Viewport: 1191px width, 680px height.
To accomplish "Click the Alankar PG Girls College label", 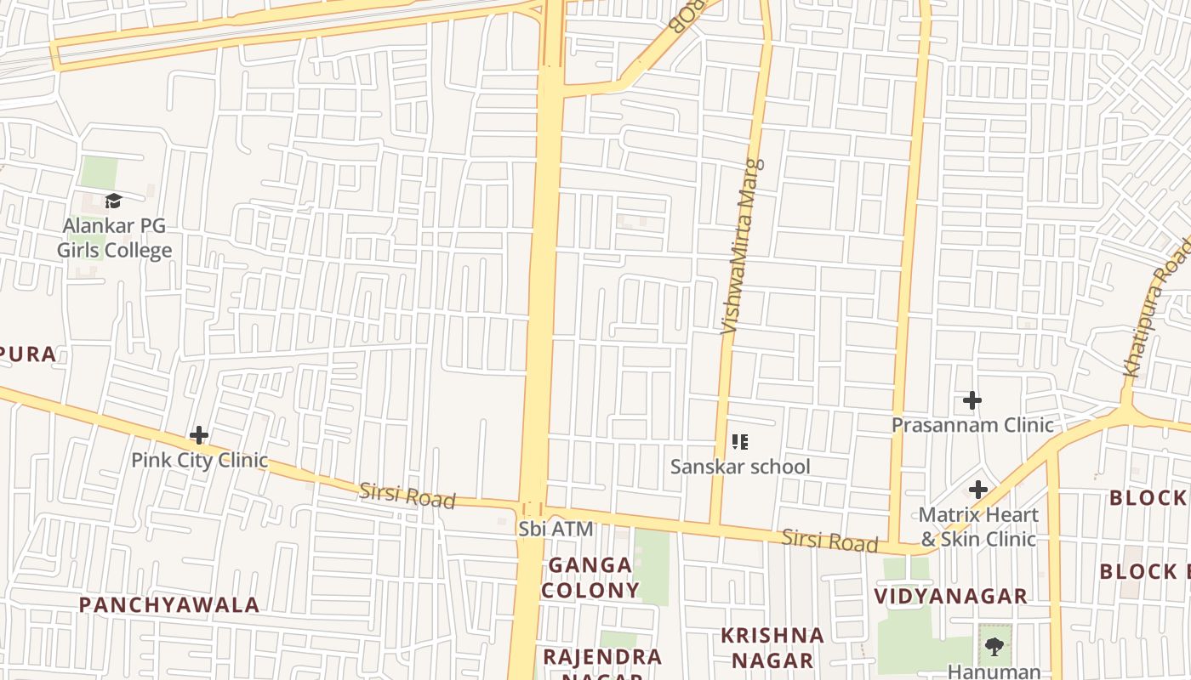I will tap(114, 238).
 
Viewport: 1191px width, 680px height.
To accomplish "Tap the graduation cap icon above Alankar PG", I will tap(113, 201).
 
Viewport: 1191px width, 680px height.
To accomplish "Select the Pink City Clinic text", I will tap(199, 460).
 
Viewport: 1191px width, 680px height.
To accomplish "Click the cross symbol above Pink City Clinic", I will tap(199, 435).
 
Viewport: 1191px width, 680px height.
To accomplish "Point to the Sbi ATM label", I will tap(556, 529).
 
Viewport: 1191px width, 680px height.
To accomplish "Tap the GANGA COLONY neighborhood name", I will tap(590, 577).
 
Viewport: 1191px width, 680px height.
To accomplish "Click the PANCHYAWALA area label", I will tap(169, 604).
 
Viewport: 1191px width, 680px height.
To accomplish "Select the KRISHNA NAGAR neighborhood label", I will tap(772, 648).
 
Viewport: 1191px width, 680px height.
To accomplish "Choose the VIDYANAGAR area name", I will tap(951, 596).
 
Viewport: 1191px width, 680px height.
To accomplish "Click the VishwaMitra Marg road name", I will tap(742, 246).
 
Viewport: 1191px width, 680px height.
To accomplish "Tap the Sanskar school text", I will tap(740, 467).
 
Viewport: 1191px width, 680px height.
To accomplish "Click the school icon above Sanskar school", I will tap(740, 441).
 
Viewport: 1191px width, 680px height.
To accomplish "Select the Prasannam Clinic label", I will tap(972, 424).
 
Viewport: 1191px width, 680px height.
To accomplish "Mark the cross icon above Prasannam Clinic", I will tap(972, 399).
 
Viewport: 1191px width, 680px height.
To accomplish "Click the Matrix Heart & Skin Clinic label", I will tap(978, 527).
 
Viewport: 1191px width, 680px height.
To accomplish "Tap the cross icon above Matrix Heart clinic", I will tap(978, 490).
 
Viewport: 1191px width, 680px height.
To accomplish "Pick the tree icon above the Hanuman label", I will tap(993, 647).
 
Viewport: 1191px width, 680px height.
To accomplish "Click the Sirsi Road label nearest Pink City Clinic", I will tap(407, 495).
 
